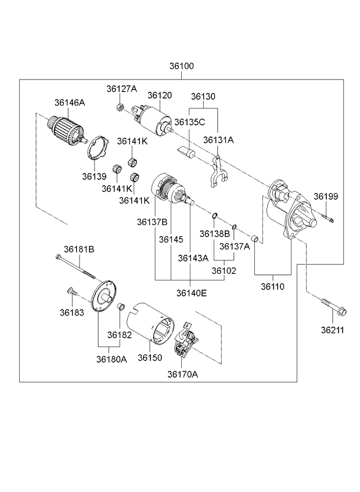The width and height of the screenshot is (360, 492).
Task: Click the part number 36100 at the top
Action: [x=182, y=66]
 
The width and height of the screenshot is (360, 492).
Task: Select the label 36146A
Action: [x=70, y=103]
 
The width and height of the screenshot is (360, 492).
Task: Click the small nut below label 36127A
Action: [x=119, y=107]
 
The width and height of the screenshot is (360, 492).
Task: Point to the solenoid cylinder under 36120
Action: [x=154, y=121]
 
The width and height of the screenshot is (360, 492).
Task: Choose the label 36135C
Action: [x=189, y=122]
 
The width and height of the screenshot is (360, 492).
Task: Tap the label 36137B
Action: [x=152, y=222]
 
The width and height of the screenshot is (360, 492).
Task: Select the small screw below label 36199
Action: [x=327, y=218]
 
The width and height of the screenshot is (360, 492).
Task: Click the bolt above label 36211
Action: [x=333, y=307]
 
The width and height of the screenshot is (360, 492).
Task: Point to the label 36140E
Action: [x=191, y=293]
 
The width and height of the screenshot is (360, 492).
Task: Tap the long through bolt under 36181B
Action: [x=75, y=267]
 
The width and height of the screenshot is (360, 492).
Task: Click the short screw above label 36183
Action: [x=71, y=291]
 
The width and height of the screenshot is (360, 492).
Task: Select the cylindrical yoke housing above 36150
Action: [x=150, y=324]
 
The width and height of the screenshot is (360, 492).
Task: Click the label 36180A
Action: [x=111, y=359]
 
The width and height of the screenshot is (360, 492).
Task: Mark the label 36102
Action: [x=224, y=270]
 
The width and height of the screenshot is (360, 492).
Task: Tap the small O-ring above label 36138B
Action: [x=215, y=215]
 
